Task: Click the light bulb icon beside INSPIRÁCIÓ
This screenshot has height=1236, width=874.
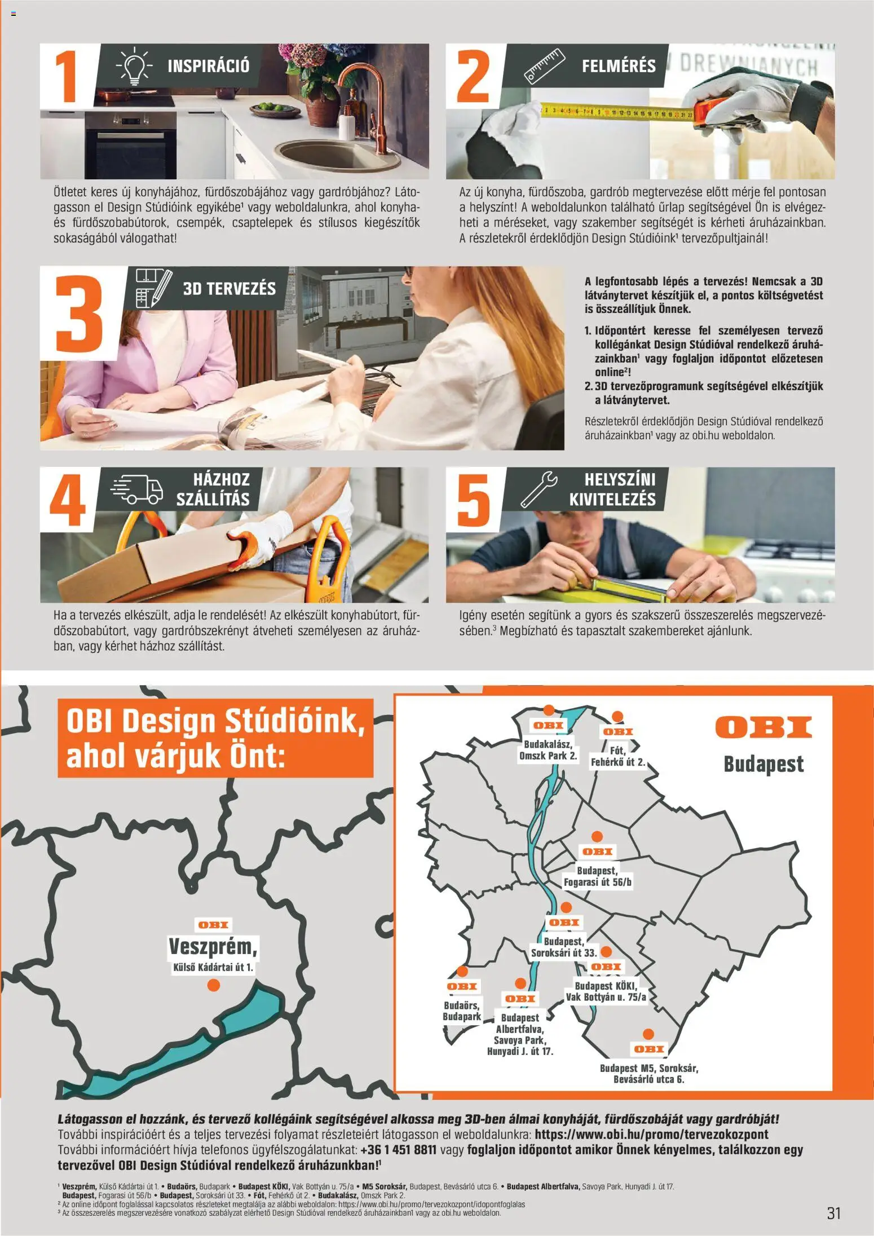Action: (x=134, y=67)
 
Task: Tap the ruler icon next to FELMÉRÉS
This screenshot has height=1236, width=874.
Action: (x=544, y=66)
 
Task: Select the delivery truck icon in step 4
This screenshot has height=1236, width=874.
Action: (x=136, y=488)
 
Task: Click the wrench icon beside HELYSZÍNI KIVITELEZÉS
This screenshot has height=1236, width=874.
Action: (x=538, y=488)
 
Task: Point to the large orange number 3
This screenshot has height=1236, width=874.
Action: (x=80, y=313)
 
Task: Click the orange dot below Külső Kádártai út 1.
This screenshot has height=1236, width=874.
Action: (x=213, y=985)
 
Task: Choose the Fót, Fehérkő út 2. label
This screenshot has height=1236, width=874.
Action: (x=617, y=756)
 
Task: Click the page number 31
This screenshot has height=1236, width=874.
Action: (x=833, y=1212)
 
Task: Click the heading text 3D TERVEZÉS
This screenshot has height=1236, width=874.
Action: (x=229, y=289)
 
